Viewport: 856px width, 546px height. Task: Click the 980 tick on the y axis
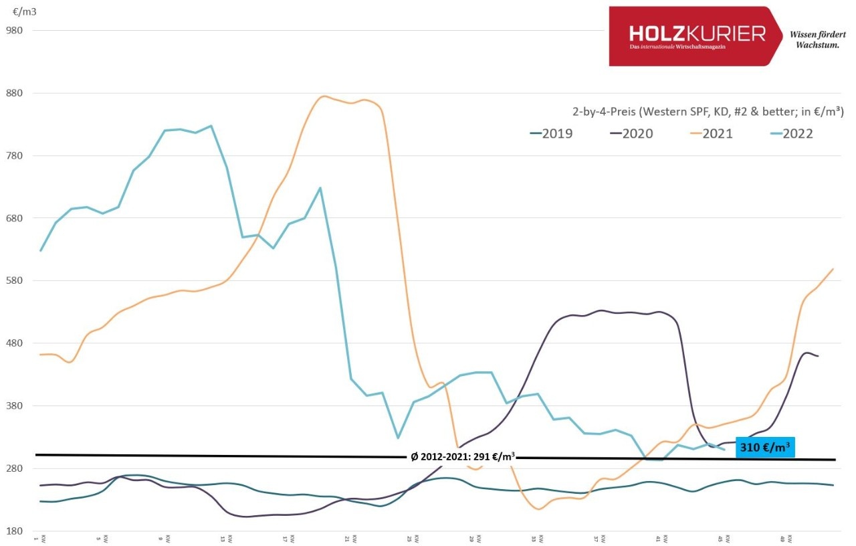pyautogui.click(x=14, y=30)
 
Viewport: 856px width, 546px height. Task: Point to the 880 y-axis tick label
pyautogui.click(x=14, y=93)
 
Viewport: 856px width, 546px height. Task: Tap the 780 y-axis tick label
pyautogui.click(x=14, y=156)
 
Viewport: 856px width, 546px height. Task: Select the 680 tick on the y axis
pyautogui.click(x=14, y=218)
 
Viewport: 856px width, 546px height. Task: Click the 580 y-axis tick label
pyautogui.click(x=14, y=280)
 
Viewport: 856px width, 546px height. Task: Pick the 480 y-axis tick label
pyautogui.click(x=14, y=343)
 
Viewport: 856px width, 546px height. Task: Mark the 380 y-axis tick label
pyautogui.click(x=14, y=405)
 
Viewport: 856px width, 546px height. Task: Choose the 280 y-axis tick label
pyautogui.click(x=14, y=468)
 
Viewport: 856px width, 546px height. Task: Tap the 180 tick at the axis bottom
pyautogui.click(x=14, y=531)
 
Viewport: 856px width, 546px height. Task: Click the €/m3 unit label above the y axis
pyautogui.click(x=24, y=11)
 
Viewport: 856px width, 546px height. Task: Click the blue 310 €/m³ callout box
pyautogui.click(x=765, y=447)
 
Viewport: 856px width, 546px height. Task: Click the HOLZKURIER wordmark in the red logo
pyautogui.click(x=697, y=33)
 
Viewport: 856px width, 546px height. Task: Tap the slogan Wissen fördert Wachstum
pyautogui.click(x=817, y=39)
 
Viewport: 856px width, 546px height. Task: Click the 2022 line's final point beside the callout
pyautogui.click(x=724, y=449)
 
